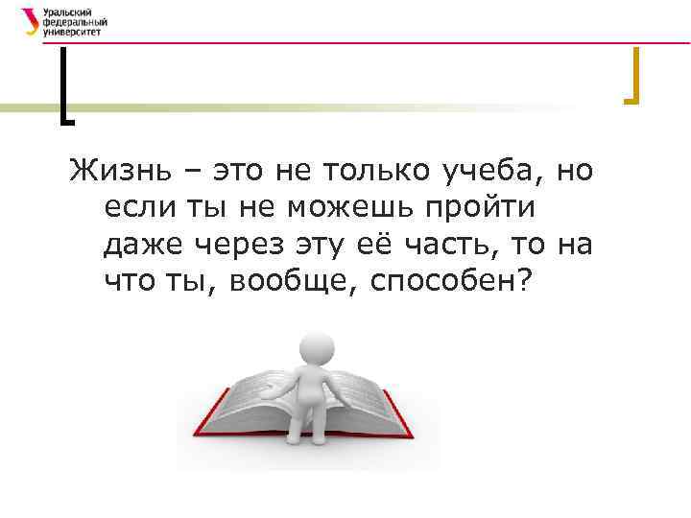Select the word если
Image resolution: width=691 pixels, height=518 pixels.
pyautogui.click(x=129, y=209)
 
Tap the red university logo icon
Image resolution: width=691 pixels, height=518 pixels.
pyautogui.click(x=31, y=21)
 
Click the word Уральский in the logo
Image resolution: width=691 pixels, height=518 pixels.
pyautogui.click(x=66, y=12)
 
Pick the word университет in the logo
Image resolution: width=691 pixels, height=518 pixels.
pyautogui.click(x=71, y=32)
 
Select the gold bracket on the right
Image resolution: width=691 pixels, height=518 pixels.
pyautogui.click(x=632, y=77)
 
